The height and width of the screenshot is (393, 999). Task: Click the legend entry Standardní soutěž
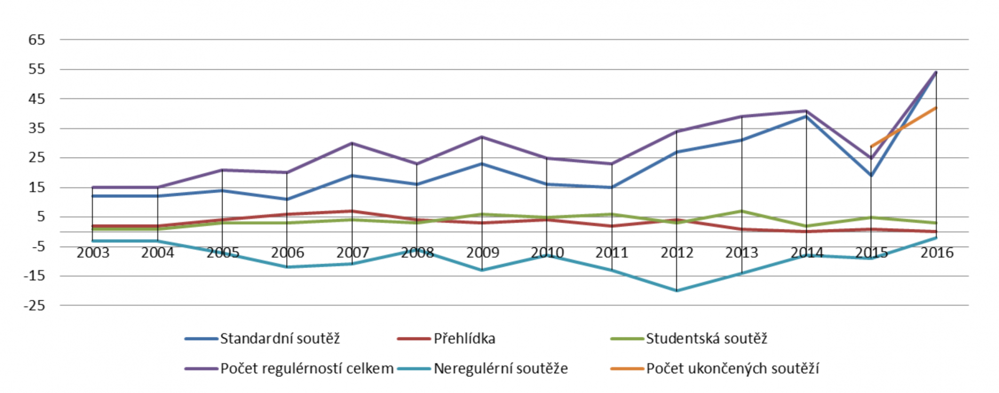(280, 339)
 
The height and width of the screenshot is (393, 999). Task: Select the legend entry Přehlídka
(464, 339)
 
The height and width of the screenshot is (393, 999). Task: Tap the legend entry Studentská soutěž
(706, 339)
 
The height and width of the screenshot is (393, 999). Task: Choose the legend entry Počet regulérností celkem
(307, 368)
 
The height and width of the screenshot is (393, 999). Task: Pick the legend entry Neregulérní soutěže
(501, 368)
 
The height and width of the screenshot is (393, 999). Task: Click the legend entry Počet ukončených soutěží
(732, 368)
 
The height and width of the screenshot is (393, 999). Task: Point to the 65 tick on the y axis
(37, 40)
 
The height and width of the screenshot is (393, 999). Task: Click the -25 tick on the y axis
(34, 306)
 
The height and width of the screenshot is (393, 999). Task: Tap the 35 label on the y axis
(37, 129)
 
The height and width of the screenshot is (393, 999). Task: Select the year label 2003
(93, 253)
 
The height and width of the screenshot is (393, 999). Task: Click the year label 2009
(482, 253)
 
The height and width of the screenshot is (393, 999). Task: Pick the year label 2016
(937, 253)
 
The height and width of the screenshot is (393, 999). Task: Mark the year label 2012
(677, 253)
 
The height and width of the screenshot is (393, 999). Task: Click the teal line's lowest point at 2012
(677, 291)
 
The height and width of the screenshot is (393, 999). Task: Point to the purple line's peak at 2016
(936, 72)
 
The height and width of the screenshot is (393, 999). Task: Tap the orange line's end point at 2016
(936, 108)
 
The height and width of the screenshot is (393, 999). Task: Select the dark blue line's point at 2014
(806, 117)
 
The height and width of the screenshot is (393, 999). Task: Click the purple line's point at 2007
(352, 143)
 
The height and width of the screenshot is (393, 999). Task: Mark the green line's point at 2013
(742, 211)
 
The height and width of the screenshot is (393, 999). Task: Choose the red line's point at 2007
(352, 211)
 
